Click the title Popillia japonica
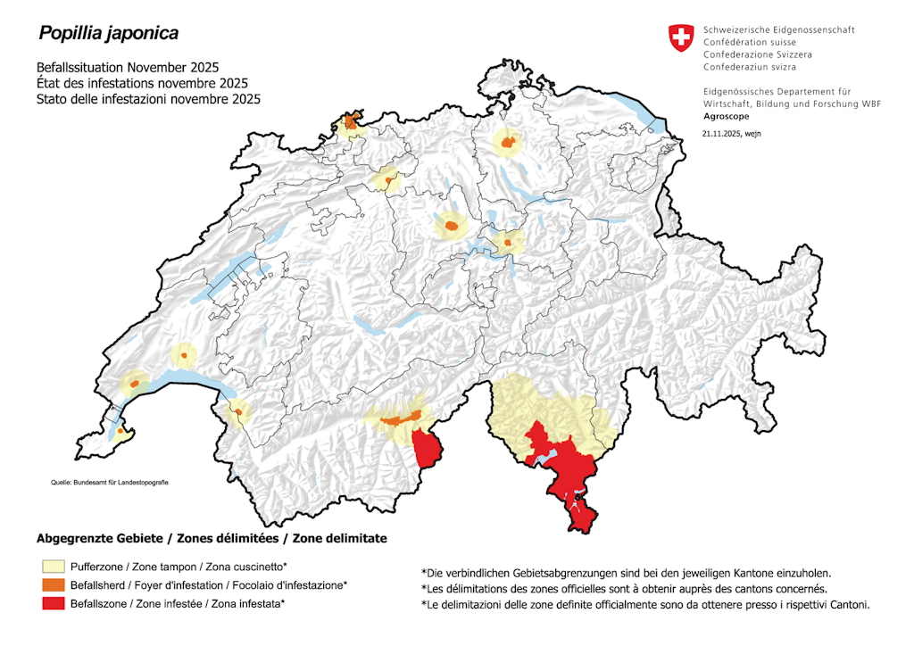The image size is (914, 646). (x=107, y=34)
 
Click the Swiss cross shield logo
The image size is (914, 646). (x=680, y=38)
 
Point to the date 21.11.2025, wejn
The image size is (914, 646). (x=731, y=134)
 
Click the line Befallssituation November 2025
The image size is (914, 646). (x=128, y=68)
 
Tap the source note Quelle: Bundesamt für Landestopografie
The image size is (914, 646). (x=109, y=483)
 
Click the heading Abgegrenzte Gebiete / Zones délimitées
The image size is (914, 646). (x=212, y=539)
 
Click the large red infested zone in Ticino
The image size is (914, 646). (x=562, y=473)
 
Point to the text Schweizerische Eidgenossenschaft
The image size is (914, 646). (x=778, y=29)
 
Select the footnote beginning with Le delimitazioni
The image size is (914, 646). (x=644, y=605)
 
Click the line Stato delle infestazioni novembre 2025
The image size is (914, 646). (x=148, y=99)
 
